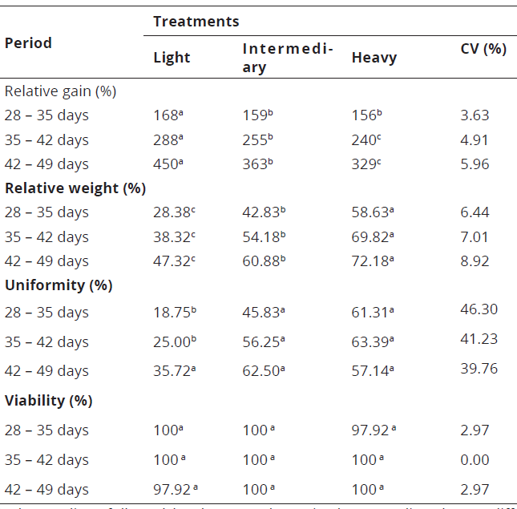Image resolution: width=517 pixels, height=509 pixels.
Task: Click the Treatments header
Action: click(196, 21)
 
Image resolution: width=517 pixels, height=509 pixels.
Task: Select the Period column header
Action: click(28, 42)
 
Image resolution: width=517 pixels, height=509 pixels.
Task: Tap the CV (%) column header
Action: click(483, 49)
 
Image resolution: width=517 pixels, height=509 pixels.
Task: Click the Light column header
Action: click(172, 57)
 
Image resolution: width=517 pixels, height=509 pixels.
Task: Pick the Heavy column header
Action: click(374, 57)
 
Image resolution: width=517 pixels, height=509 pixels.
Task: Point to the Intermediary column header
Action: click(288, 58)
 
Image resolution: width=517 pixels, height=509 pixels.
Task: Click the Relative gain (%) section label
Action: click(60, 91)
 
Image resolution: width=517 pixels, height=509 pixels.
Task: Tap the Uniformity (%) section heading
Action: click(59, 285)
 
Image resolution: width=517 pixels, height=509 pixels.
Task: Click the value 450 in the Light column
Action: click(168, 164)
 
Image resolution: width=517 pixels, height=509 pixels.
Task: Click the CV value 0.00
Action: click(475, 460)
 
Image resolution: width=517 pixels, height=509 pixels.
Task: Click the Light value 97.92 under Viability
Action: click(176, 490)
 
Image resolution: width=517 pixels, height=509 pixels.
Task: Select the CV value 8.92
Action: click(475, 261)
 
